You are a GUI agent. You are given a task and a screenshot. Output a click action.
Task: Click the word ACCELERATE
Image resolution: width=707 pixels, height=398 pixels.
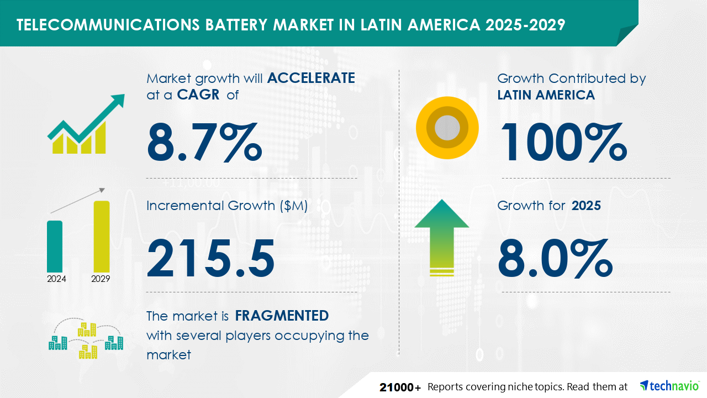(x=311, y=78)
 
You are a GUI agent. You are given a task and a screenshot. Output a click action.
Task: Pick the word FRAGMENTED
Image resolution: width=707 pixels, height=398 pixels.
(x=282, y=316)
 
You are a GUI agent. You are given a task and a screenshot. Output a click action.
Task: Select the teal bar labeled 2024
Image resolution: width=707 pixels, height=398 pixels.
(x=55, y=246)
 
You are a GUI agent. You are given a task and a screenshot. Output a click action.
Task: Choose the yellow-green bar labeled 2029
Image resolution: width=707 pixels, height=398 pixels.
(x=102, y=236)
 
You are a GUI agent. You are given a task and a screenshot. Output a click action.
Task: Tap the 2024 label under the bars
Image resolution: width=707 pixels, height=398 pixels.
(x=56, y=279)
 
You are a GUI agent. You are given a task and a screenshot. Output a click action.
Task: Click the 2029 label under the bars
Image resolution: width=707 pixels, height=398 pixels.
(x=101, y=279)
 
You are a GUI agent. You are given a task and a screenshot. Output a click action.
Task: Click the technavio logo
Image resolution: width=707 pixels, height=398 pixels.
(x=669, y=386)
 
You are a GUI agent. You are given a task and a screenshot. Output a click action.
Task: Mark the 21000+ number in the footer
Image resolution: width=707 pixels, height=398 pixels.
(x=400, y=387)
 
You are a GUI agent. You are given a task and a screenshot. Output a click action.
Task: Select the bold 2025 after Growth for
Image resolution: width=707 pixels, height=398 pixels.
(x=586, y=206)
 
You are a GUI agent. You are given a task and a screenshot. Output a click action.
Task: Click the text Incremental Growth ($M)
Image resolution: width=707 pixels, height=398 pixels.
(x=227, y=206)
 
